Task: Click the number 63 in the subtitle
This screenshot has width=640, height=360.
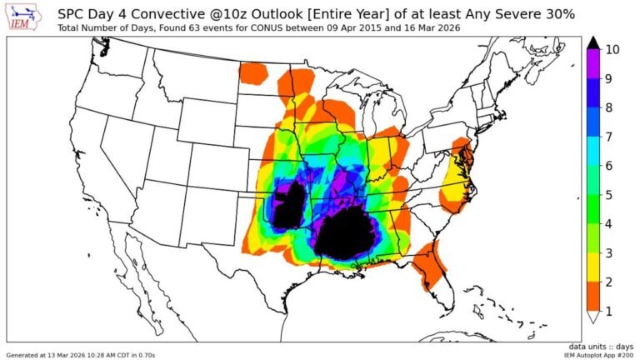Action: pos(193,28)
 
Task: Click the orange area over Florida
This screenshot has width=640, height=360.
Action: pos(430,265)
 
